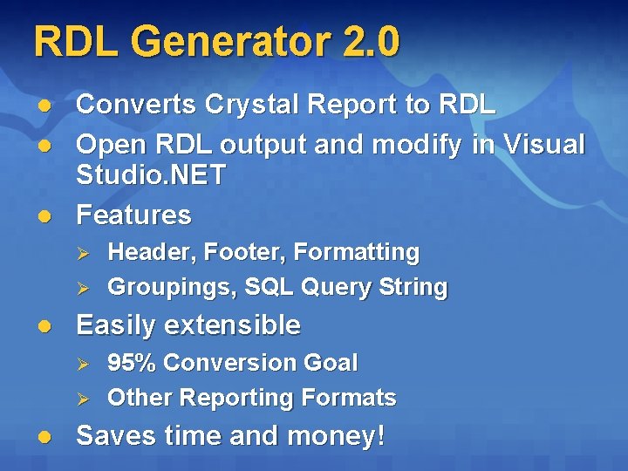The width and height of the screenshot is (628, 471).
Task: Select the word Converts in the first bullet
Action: pyautogui.click(x=137, y=105)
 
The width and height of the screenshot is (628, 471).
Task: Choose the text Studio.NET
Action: pyautogui.click(x=151, y=174)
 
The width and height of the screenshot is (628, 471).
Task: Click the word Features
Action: pyautogui.click(x=133, y=215)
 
